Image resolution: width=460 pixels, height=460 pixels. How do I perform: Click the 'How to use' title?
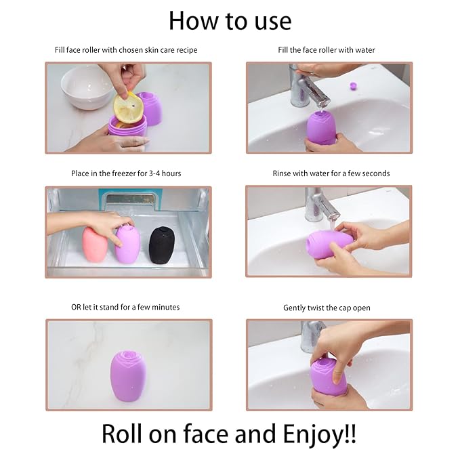coord(230,21)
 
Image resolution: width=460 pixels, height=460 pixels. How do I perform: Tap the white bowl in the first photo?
coord(86,87)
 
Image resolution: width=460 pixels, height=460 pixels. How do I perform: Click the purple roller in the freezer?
coord(129,245)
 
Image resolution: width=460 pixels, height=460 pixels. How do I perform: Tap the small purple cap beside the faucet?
coord(352,86)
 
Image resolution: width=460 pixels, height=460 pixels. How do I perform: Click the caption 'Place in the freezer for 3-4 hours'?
coord(126,173)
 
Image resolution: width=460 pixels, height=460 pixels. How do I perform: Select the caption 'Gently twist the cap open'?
coord(327,308)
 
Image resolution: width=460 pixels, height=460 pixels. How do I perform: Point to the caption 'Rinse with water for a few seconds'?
coord(331,173)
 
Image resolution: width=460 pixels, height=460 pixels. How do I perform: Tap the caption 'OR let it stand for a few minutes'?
coord(125,307)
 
